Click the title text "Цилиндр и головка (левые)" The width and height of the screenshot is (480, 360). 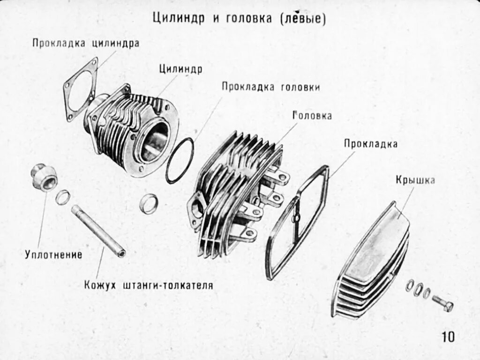tap(239, 19)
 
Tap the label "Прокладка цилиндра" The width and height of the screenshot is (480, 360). tap(86, 43)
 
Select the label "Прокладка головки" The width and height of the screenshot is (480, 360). tap(271, 87)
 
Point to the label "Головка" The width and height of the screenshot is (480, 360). tap(312, 115)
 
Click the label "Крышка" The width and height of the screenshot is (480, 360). tap(415, 180)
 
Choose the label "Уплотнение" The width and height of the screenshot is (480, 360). tap(53, 255)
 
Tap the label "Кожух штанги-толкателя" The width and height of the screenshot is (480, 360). tap(149, 285)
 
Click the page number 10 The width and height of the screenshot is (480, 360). tap(447, 337)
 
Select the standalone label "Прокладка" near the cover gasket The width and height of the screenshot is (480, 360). tap(370, 144)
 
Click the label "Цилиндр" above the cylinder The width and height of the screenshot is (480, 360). tap(180, 69)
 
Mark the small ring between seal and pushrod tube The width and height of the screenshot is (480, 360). tap(63, 197)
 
